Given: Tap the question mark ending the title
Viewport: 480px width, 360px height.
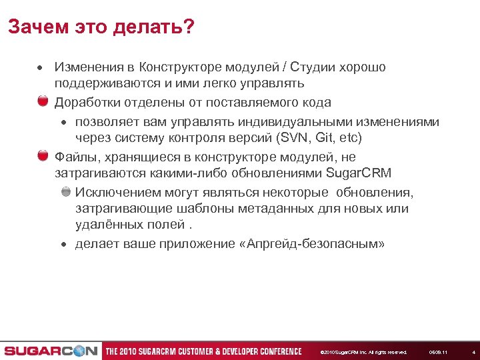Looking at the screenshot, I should tap(189, 27).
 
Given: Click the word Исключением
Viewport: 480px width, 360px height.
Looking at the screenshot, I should tap(119, 193).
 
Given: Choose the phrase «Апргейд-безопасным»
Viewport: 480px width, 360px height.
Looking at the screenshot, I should tap(311, 243).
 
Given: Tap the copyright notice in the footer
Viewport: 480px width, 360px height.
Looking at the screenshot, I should tap(363, 351).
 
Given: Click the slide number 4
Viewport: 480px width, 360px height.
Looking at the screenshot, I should tap(473, 351).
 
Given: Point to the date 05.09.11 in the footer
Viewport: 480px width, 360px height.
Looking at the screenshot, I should tap(438, 351).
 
